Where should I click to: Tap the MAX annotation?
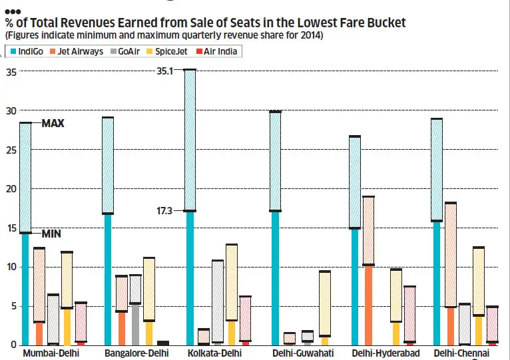53,124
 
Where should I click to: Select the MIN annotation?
51,234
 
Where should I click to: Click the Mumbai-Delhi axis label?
51,353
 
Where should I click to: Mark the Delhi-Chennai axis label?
461,353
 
